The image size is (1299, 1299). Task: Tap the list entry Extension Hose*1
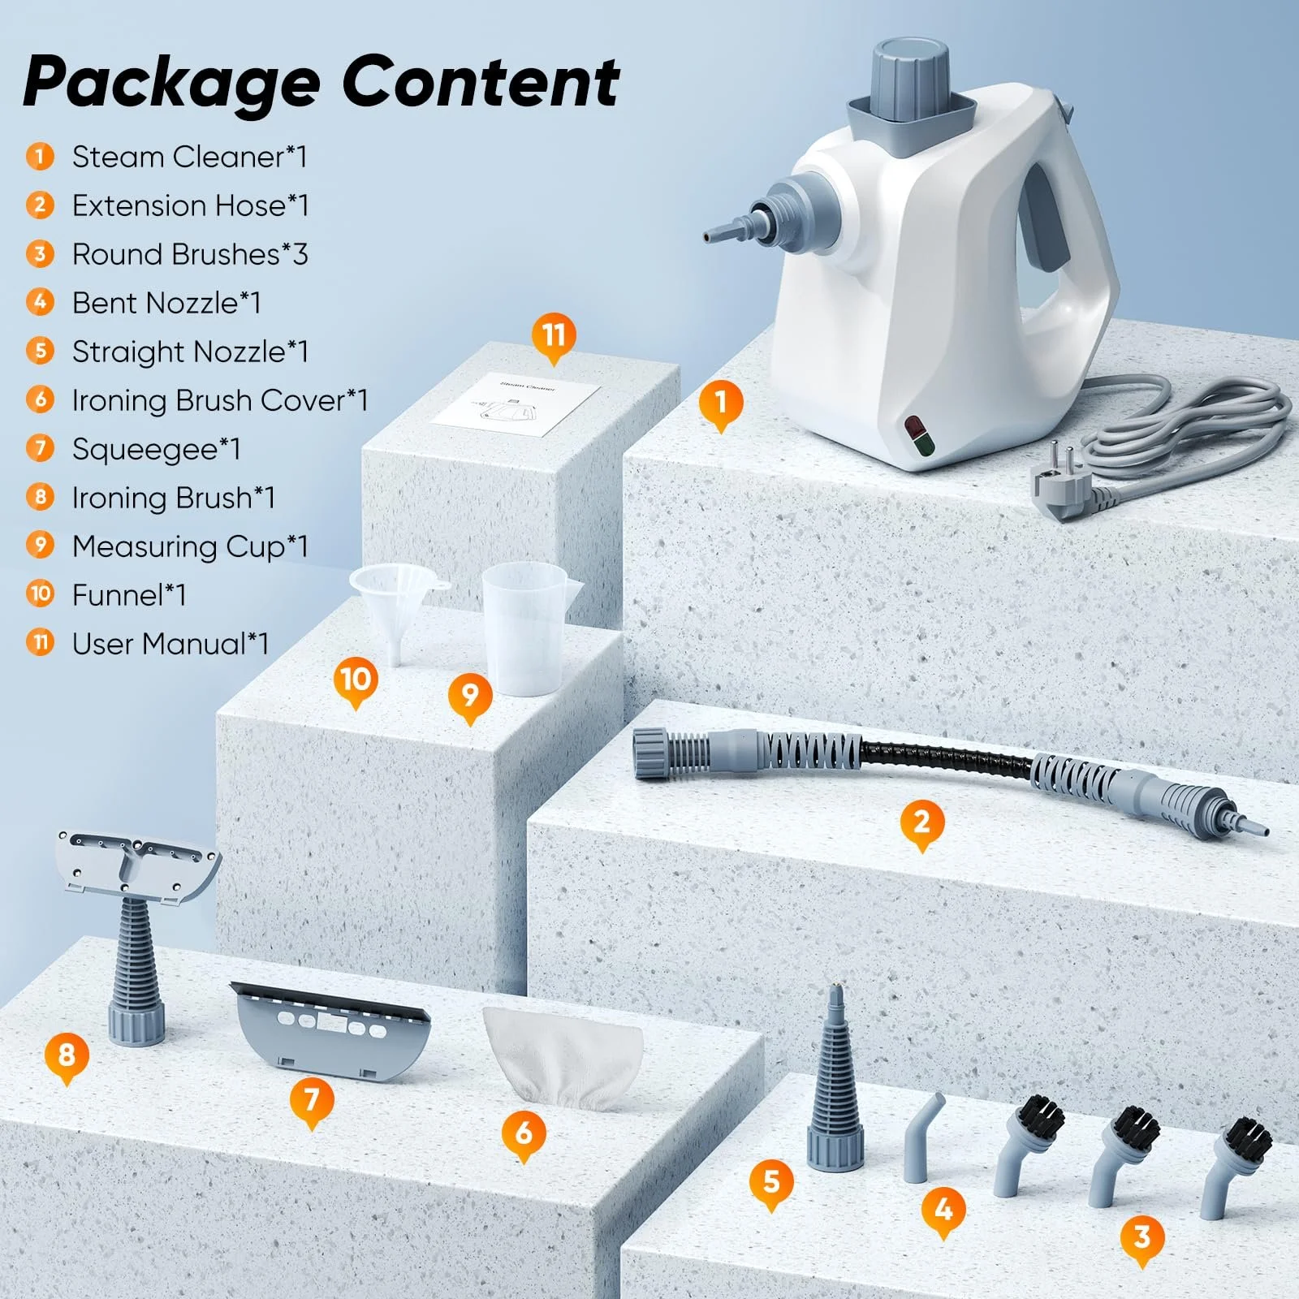[x=190, y=205]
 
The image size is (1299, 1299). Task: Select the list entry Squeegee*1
[x=156, y=449]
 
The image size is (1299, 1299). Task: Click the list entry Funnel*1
[x=129, y=595]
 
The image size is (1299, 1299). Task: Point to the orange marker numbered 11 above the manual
[x=554, y=335]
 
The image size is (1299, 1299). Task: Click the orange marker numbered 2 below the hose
[x=921, y=822]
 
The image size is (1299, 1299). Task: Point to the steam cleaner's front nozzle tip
[x=711, y=236]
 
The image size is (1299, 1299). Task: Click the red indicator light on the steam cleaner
[x=915, y=425]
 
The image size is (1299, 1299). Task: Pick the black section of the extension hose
[x=946, y=756]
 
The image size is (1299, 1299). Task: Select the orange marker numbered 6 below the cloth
[x=524, y=1131]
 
